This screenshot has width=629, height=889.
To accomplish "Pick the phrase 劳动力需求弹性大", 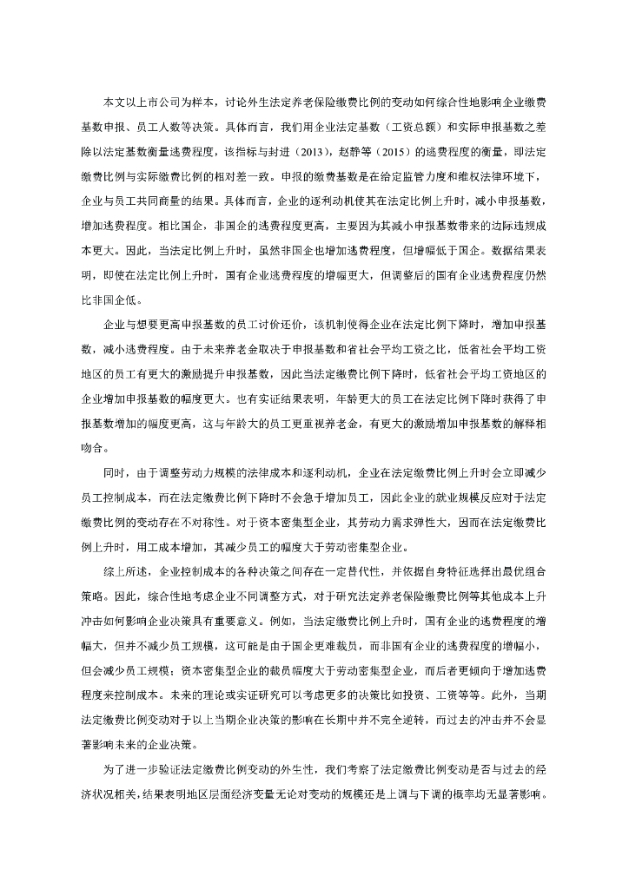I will tap(348, 524).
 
